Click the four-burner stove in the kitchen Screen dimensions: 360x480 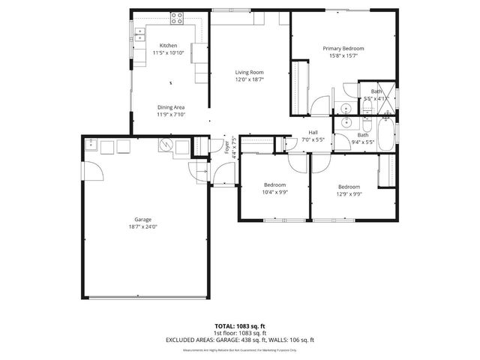click(x=178, y=16)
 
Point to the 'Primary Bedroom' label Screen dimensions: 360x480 click(x=342, y=48)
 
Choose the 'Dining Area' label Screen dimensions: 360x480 click(x=171, y=107)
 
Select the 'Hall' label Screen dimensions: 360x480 click(x=313, y=133)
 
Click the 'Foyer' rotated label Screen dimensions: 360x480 click(x=226, y=147)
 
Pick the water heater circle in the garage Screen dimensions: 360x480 click(x=166, y=146)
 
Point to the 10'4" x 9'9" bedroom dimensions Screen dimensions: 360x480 click(x=274, y=192)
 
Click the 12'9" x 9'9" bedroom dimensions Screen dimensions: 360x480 click(x=349, y=193)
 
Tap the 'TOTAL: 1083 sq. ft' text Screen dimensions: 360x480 click(x=240, y=326)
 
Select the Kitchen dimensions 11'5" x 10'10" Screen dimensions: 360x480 click(x=168, y=53)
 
